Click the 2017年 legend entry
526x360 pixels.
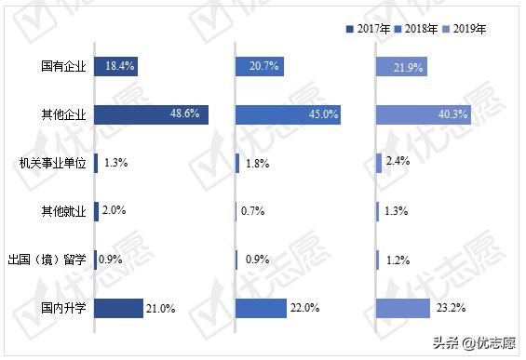(x=371, y=29)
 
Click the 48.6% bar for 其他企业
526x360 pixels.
(x=152, y=114)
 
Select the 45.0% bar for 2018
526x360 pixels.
(x=288, y=114)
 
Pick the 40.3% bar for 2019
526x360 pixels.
(x=424, y=114)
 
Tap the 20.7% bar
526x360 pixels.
(x=260, y=66)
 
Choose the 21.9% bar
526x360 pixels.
(x=401, y=66)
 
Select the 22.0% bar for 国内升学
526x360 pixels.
(x=262, y=308)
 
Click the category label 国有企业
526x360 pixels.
(x=64, y=66)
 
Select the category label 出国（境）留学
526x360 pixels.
(x=47, y=260)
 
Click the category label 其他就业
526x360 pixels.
(x=64, y=211)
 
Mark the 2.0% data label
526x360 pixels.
(x=113, y=211)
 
